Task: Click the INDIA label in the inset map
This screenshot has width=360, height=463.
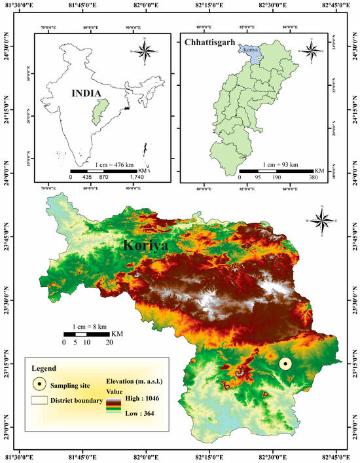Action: pos(88,94)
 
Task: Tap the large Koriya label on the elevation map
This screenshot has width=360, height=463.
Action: pos(145,246)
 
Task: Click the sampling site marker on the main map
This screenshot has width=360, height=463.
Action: pos(285,365)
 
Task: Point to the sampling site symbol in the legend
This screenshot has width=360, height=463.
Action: pos(41,385)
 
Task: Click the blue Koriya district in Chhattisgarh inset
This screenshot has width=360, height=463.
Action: pos(251,52)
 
